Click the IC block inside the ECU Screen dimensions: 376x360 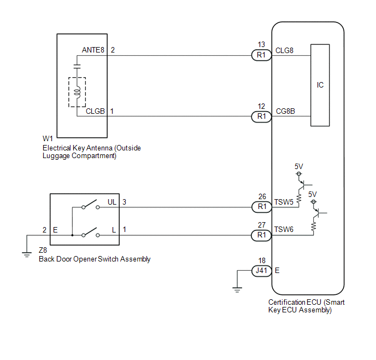(320, 85)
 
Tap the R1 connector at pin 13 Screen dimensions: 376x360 (261, 55)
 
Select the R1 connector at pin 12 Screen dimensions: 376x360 (261, 117)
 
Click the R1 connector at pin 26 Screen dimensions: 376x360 (262, 207)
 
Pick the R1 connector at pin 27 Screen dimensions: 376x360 (261, 235)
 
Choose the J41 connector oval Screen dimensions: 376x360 (261, 271)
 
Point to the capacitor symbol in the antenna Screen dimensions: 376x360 (77, 67)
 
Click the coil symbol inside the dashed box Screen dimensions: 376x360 (77, 92)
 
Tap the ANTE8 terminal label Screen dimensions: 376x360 (93, 50)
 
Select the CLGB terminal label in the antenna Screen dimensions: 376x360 (95, 112)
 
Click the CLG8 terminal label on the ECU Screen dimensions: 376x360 (284, 51)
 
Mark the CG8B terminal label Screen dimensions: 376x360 (285, 112)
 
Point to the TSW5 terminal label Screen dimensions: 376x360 (284, 202)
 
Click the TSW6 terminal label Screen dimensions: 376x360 (284, 230)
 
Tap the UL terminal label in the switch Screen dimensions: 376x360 (112, 202)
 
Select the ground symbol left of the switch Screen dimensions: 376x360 (27, 254)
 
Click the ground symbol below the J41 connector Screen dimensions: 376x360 (237, 290)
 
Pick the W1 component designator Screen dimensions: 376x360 (48, 138)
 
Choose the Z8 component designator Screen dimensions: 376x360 (43, 251)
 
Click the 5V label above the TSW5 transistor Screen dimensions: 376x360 (299, 166)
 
